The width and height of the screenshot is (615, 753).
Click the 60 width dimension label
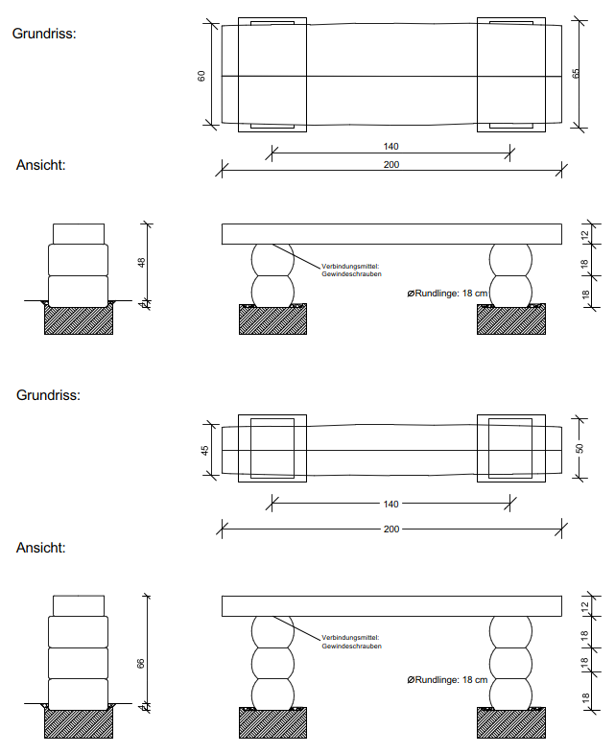tap(202, 75)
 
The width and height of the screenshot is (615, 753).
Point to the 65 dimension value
tap(576, 74)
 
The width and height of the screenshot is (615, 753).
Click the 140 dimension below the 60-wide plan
tap(390, 147)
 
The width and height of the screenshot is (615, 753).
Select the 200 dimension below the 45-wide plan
tap(390, 529)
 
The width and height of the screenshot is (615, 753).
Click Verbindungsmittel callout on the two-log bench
tap(351, 270)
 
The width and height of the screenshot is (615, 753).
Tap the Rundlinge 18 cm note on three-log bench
tap(448, 680)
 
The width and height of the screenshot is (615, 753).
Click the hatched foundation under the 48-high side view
tap(79, 320)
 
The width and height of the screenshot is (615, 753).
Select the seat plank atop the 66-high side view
tap(79, 605)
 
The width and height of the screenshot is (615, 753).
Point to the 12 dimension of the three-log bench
tap(584, 605)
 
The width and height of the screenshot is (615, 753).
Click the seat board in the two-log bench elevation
tap(391, 234)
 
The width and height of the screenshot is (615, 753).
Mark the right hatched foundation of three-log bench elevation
tap(510, 722)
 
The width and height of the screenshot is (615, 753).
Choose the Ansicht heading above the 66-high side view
tap(40, 548)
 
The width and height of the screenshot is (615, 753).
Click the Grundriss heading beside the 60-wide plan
tap(44, 33)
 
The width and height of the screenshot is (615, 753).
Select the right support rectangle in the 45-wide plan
tap(510, 449)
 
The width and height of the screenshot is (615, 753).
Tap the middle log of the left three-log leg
tap(272, 662)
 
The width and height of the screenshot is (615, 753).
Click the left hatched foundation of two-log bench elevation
tap(272, 319)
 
